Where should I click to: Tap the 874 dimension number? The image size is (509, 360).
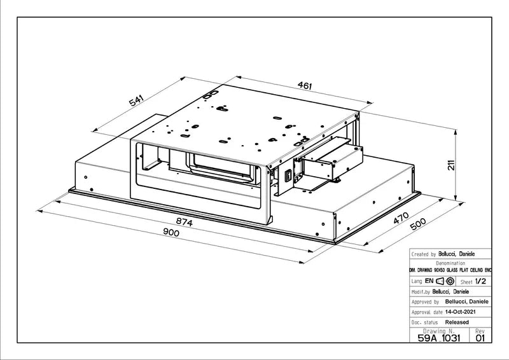(184, 223)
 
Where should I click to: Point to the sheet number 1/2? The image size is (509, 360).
(481, 280)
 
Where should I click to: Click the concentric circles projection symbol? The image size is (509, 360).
(450, 280)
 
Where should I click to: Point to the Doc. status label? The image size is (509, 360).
(426, 322)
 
